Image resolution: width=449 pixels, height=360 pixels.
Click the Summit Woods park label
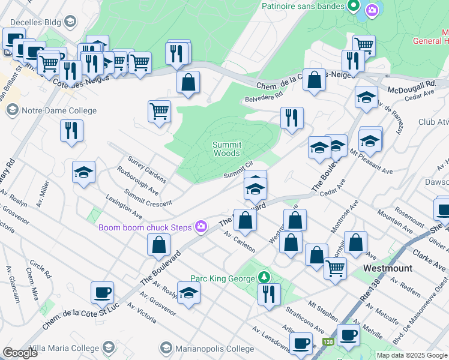click(227, 149)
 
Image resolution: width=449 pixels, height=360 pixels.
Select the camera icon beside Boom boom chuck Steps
click(201, 226)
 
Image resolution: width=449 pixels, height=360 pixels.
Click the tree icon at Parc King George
click(263, 277)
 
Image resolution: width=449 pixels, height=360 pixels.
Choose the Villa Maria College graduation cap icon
click(109, 347)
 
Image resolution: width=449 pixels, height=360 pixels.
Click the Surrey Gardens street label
click(146, 170)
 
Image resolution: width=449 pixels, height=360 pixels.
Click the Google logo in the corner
click(20, 353)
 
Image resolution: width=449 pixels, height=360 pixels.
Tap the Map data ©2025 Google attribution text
click(411, 355)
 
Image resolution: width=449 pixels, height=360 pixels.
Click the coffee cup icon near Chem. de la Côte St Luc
click(102, 293)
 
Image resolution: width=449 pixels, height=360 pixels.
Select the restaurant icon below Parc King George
click(269, 294)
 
